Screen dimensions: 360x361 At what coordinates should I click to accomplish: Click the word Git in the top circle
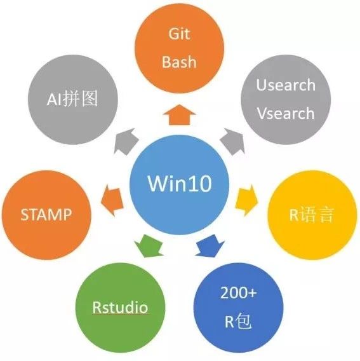pos(179,34)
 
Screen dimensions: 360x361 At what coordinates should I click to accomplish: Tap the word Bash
pos(180,62)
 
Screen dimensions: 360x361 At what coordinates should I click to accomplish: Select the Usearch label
pos(286,85)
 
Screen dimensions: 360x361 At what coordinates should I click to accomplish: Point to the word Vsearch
pos(286,113)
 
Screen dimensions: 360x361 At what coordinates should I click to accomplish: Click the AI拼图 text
pos(72,99)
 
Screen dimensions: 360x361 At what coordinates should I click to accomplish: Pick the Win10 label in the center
pos(180,184)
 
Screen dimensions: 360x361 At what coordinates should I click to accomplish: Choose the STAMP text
pos(46,215)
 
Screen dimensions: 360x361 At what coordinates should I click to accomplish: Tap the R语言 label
pos(311,215)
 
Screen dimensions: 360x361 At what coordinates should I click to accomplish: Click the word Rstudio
pos(120,307)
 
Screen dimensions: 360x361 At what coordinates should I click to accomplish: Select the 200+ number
pos(239,293)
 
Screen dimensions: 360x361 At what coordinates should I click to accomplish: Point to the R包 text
pos(238,321)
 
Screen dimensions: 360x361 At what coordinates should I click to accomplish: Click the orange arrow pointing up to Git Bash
pos(180,115)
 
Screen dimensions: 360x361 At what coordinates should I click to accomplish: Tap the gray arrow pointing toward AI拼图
pos(126,141)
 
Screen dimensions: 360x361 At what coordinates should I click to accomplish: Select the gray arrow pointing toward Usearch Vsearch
pos(232,141)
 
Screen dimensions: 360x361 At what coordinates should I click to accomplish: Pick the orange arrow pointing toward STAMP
pos(112,200)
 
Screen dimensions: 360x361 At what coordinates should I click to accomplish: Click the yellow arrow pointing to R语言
pos(246,200)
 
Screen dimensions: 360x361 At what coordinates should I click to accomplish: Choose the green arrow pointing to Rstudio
pos(149,246)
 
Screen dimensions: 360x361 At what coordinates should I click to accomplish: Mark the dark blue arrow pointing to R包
pos(210,245)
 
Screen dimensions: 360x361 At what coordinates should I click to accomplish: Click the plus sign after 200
pos(251,293)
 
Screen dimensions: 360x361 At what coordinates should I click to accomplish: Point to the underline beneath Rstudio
pos(121,313)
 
